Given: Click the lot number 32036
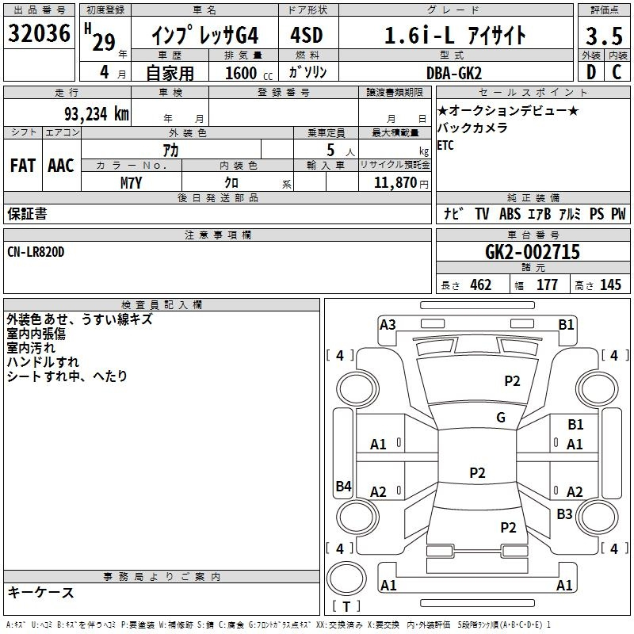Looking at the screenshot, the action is [39, 33].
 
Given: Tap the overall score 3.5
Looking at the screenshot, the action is [604, 36].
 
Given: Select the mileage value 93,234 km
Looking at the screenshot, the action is [97, 114].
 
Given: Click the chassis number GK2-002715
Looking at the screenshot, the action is [533, 252].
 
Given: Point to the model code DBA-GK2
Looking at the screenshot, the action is [454, 73].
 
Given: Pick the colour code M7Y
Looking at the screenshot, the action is [131, 183].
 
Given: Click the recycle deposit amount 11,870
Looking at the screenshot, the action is [395, 183].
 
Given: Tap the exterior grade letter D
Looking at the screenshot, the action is [591, 72].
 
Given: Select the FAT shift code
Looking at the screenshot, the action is [23, 166].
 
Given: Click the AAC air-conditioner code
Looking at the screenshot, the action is [61, 166].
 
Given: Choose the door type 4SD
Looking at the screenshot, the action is [307, 35].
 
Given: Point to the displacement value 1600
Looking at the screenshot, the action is [241, 73].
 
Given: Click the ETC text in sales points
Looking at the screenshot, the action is [445, 145].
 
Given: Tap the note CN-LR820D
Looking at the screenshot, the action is [36, 252].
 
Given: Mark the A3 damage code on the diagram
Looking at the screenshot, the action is [388, 325].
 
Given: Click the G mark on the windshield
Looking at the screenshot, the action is [501, 417].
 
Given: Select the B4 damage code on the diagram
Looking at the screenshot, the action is [344, 486].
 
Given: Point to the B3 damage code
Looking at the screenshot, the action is [564, 514].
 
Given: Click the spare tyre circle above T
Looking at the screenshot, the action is [346, 579].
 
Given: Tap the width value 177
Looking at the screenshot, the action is [547, 285].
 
